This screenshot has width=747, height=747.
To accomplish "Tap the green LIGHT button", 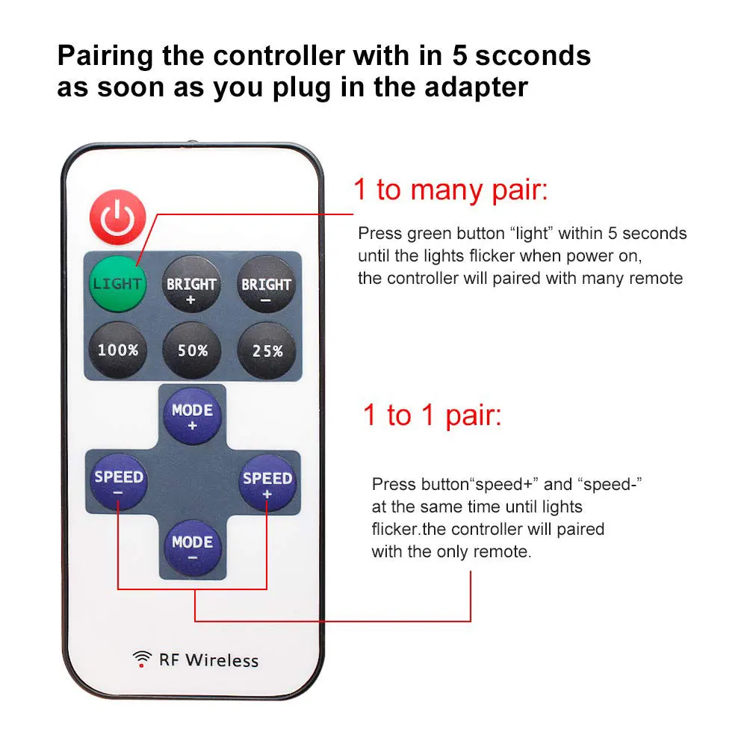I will (x=117, y=285).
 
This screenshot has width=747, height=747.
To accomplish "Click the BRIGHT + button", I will (x=191, y=285).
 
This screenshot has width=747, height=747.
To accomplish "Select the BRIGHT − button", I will (x=265, y=285).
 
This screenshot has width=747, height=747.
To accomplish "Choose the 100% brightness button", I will (x=117, y=349).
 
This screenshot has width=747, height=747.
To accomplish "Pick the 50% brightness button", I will (x=192, y=349).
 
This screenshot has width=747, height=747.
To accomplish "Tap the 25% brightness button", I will (x=267, y=349).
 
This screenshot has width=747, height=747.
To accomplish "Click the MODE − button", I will (x=192, y=548).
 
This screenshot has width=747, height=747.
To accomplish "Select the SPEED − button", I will (x=119, y=483).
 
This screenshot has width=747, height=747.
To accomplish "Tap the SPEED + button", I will (x=267, y=483).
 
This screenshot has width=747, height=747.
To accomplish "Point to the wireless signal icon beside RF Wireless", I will (x=142, y=658).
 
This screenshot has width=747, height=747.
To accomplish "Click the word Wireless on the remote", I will (x=222, y=660).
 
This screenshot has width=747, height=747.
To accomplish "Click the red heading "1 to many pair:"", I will (x=450, y=190).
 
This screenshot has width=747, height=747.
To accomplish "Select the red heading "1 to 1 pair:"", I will (x=432, y=415).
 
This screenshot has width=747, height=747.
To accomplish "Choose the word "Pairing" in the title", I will (x=111, y=55).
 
